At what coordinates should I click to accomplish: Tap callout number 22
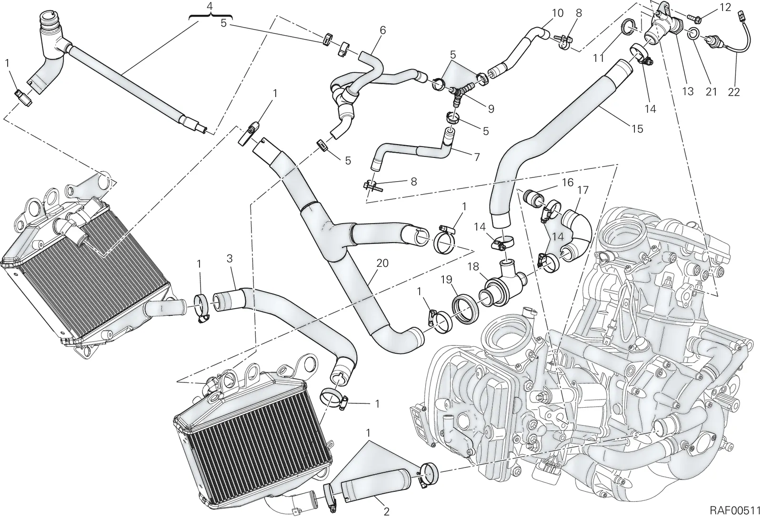734,92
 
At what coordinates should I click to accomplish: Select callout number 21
711,92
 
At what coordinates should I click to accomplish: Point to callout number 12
724,8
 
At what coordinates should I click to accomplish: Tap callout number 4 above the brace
210,6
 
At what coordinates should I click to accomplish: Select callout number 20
382,263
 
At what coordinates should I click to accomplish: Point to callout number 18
473,267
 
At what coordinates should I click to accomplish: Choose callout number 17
582,190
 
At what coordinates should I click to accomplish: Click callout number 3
230,259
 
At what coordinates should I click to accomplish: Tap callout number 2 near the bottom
386,511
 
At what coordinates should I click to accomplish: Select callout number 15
637,129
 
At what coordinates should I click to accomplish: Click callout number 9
491,108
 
